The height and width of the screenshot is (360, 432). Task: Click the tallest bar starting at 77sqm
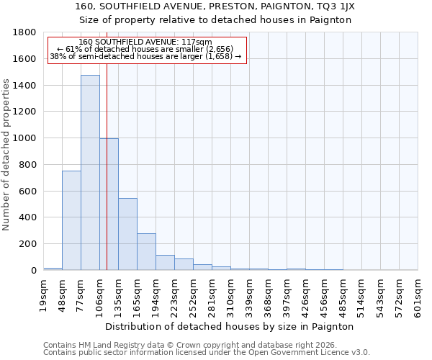point(90,173)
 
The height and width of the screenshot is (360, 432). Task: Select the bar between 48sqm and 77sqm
point(71,220)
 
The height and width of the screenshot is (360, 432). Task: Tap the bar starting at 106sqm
point(109,204)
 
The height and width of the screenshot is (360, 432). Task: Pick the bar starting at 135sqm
point(127,234)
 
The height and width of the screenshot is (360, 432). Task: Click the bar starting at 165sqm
point(146,252)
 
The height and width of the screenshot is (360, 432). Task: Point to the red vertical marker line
point(107,158)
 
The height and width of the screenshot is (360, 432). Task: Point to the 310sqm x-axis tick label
point(230,295)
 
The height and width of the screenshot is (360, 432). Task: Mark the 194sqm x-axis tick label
point(156,295)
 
